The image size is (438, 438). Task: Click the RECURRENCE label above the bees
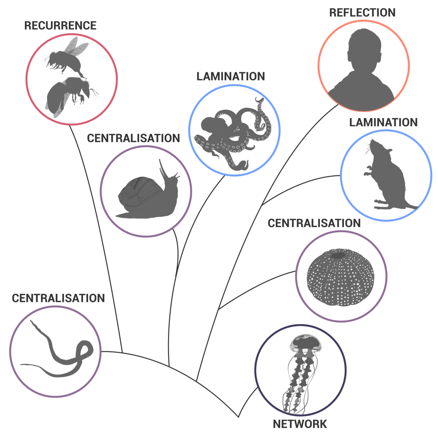[x=60, y=25]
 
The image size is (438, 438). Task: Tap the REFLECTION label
[x=362, y=12]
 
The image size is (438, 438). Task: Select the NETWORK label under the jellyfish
[x=300, y=424]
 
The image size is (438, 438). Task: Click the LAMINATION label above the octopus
[x=231, y=77]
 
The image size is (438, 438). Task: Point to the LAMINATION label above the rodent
[x=383, y=122]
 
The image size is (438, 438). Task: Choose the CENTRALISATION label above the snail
[x=133, y=139]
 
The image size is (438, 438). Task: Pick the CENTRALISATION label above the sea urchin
[x=314, y=223]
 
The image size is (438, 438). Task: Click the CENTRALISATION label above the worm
[x=58, y=298]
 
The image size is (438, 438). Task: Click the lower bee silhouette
[x=64, y=94]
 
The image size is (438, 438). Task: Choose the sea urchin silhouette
[x=341, y=278]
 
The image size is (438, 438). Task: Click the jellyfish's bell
[x=305, y=342]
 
